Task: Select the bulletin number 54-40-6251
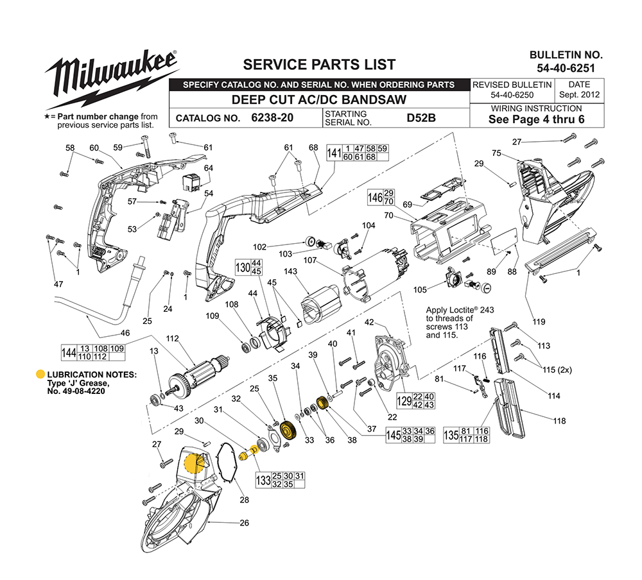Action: (566, 67)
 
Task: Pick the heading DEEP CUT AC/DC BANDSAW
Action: (318, 100)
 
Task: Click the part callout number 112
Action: (172, 338)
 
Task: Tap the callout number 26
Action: (244, 523)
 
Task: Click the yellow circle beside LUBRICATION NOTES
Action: (40, 375)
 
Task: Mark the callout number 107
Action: (311, 260)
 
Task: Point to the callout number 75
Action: (496, 153)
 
